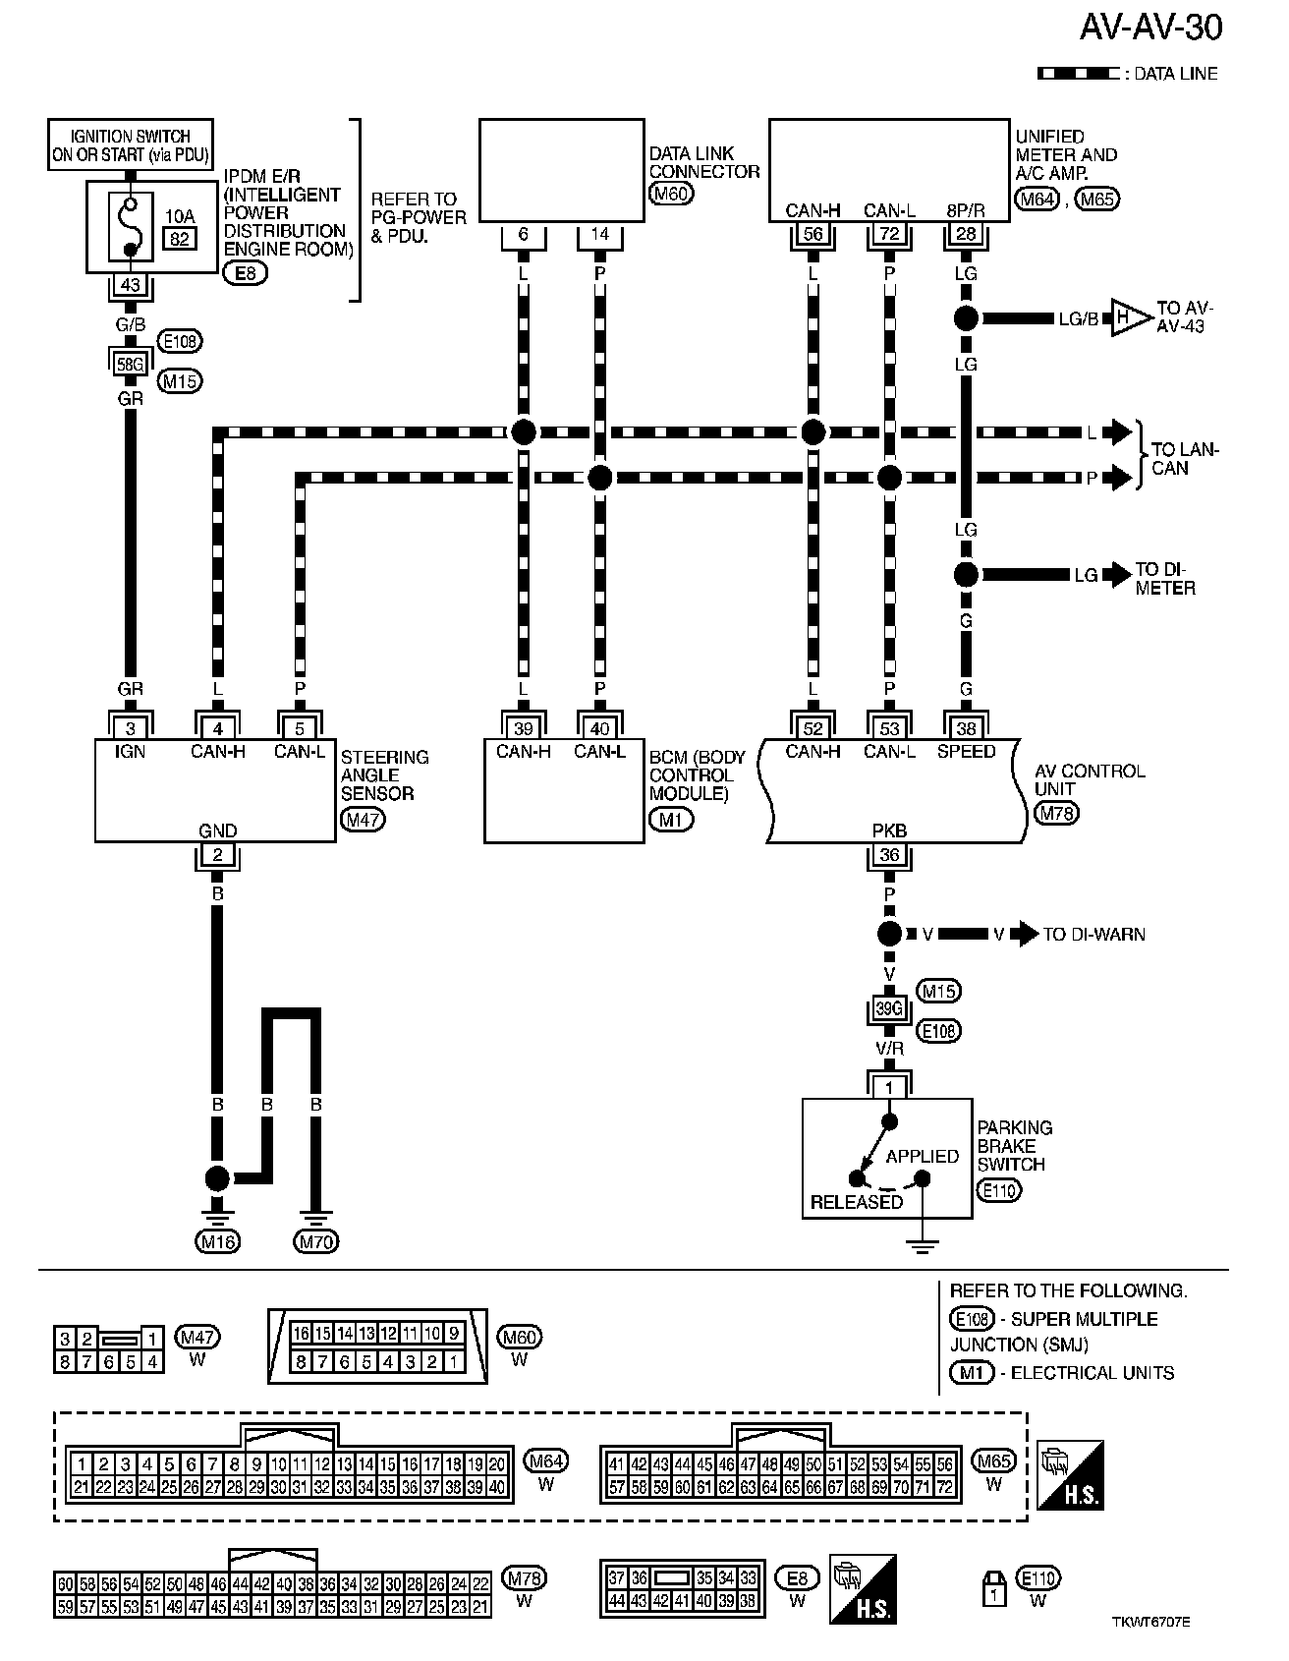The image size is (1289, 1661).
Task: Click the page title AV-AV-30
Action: click(x=1150, y=29)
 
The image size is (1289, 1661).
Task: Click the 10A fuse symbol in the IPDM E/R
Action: click(x=131, y=227)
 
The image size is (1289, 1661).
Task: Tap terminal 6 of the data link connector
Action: click(x=523, y=235)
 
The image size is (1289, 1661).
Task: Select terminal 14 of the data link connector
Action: click(x=600, y=235)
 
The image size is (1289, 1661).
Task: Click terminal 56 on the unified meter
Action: click(x=813, y=233)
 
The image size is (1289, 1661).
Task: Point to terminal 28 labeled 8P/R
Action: click(x=966, y=233)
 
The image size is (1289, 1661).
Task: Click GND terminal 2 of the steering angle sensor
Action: click(x=217, y=855)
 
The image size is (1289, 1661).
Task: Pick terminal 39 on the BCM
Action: click(x=523, y=728)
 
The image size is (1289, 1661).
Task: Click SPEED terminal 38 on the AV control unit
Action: click(x=966, y=728)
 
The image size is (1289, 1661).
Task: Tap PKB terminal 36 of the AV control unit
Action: click(x=889, y=855)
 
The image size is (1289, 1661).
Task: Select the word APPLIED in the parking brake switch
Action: click(x=922, y=1156)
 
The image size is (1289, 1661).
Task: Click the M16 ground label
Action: click(x=217, y=1242)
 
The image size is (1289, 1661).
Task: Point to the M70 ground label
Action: click(x=316, y=1242)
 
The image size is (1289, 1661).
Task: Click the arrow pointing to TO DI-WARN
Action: click(x=1026, y=934)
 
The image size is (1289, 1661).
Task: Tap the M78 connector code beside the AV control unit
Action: click(x=1056, y=814)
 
